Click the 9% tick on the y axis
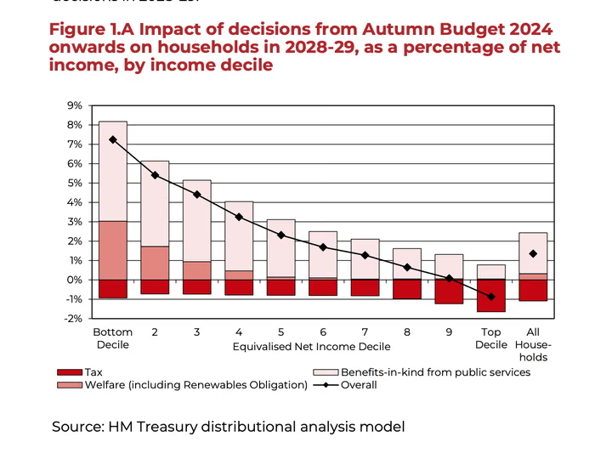[x=73, y=105]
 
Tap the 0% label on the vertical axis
[x=73, y=280]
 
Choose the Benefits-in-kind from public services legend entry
[x=434, y=371]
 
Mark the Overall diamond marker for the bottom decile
[x=113, y=139]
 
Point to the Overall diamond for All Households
[x=533, y=253]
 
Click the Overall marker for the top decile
[x=491, y=297]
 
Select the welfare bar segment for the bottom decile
[x=113, y=250]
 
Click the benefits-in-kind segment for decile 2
[x=155, y=204]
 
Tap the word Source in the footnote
[x=77, y=426]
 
